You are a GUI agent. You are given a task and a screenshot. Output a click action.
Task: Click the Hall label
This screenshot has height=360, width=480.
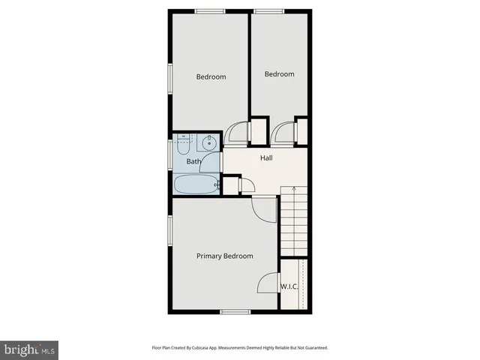tap(266, 158)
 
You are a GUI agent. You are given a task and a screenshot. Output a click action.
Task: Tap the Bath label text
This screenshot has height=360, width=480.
tap(193, 161)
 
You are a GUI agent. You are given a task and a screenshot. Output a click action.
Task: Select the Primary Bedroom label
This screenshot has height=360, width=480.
tap(224, 256)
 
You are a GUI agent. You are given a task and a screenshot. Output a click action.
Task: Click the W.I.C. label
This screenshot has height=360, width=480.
tap(290, 286)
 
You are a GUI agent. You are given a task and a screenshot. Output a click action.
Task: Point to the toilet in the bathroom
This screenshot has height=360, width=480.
tap(184, 142)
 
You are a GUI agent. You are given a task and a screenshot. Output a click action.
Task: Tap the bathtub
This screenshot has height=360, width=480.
tap(196, 184)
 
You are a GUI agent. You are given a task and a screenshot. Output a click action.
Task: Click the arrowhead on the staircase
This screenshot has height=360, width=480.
tap(293, 189)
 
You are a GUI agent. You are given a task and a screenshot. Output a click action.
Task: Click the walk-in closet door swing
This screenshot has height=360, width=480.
tap(267, 284)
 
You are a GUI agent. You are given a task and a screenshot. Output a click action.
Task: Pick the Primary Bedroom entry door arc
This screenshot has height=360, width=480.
tap(264, 209)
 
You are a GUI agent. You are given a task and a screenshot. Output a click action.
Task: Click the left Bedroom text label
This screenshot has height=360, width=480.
tap(211, 77)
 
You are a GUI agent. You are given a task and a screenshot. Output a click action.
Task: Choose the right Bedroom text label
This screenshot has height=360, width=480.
tap(279, 74)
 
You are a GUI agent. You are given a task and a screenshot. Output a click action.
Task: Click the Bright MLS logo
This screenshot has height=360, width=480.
tap(30, 349)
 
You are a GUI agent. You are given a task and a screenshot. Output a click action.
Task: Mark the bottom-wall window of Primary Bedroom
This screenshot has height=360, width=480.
tap(235, 311)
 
